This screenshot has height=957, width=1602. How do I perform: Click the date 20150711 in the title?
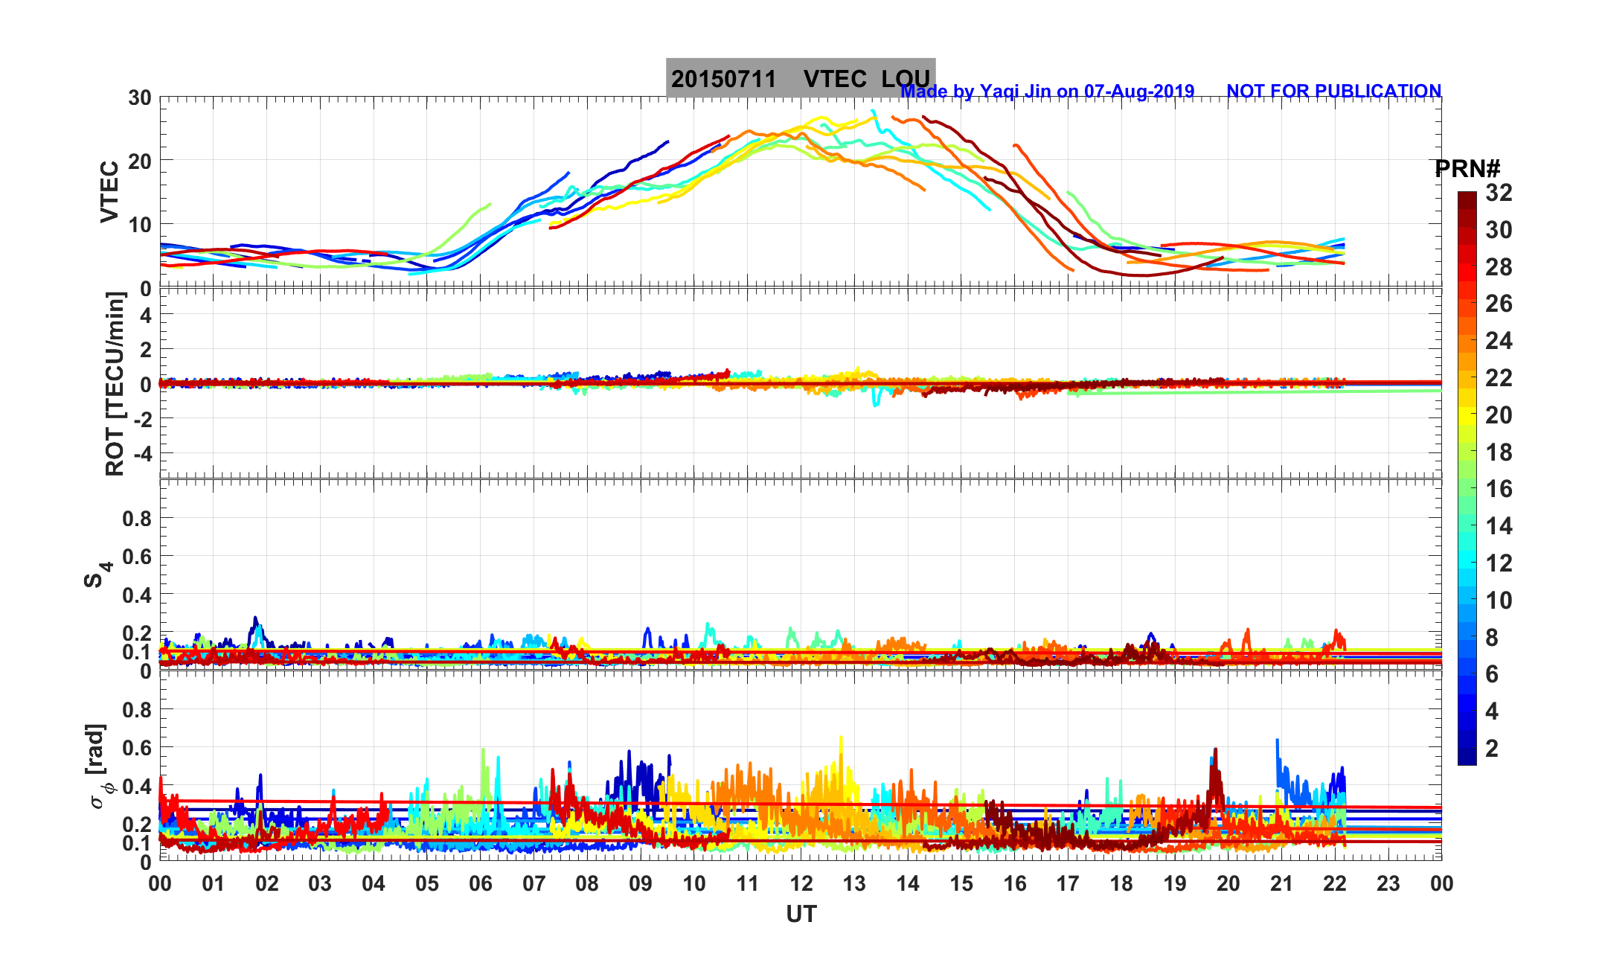(723, 79)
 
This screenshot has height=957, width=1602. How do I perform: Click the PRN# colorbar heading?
(1467, 169)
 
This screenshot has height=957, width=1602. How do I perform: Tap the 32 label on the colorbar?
(1499, 193)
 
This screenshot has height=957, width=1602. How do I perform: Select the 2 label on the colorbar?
(1491, 749)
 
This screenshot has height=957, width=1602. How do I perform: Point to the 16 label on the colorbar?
(1499, 489)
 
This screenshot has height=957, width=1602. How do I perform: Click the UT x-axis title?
(801, 915)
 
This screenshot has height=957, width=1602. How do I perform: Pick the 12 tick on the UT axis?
(801, 884)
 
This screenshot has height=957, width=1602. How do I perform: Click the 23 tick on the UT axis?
(1388, 884)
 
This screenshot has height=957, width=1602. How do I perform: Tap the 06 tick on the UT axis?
(481, 884)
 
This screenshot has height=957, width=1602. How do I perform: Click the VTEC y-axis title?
(109, 192)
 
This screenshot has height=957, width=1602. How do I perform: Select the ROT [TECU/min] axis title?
(115, 384)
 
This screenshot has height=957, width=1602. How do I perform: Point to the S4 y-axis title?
(97, 574)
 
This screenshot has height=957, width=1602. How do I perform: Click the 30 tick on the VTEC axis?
(139, 98)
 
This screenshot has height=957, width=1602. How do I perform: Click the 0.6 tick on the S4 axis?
(137, 557)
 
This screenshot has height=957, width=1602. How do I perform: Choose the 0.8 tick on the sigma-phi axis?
(137, 710)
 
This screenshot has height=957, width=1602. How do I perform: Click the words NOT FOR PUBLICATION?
(1333, 91)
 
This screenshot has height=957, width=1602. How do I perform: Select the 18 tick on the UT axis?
(1121, 884)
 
